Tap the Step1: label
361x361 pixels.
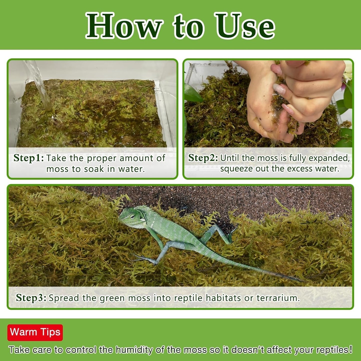pyautogui.click(x=28, y=158)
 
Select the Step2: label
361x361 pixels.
pyautogui.click(x=203, y=158)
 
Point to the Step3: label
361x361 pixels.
pyautogui.click(x=31, y=298)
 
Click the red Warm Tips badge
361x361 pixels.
pyautogui.click(x=35, y=332)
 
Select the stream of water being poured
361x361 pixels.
pyautogui.click(x=40, y=85)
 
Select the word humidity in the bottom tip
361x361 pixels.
pyautogui.click(x=134, y=350)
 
